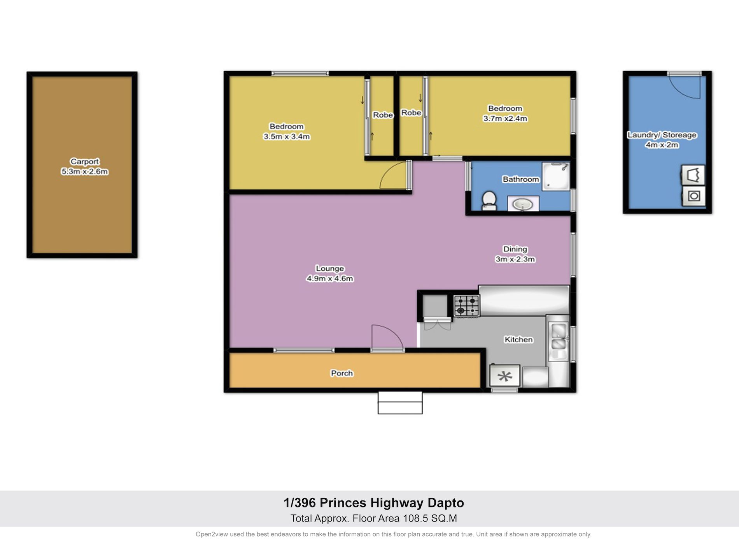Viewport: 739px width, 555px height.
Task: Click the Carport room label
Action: pyautogui.click(x=85, y=161)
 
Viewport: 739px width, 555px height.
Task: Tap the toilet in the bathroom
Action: pyautogui.click(x=489, y=200)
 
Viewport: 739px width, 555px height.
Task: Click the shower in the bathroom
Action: pyautogui.click(x=556, y=176)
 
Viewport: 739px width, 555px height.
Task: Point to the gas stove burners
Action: pyautogui.click(x=467, y=305)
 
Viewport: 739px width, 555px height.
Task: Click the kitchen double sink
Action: pyautogui.click(x=559, y=337)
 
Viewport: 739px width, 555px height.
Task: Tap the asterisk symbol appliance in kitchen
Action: pyautogui.click(x=505, y=376)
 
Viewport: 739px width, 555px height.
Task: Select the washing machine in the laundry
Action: pyautogui.click(x=694, y=196)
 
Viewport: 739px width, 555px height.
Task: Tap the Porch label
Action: pyautogui.click(x=342, y=373)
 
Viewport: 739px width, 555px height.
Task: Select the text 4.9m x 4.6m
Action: pyautogui.click(x=330, y=278)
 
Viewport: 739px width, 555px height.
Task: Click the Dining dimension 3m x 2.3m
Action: pyautogui.click(x=515, y=259)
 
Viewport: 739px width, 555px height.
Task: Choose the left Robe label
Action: pyautogui.click(x=383, y=115)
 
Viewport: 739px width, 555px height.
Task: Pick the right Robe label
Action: pyautogui.click(x=411, y=113)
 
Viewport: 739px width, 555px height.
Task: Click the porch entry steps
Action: pyautogui.click(x=400, y=403)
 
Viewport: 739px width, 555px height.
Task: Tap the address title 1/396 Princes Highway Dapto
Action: pyautogui.click(x=374, y=503)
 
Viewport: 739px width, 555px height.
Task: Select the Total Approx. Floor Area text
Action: pyautogui.click(x=374, y=518)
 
